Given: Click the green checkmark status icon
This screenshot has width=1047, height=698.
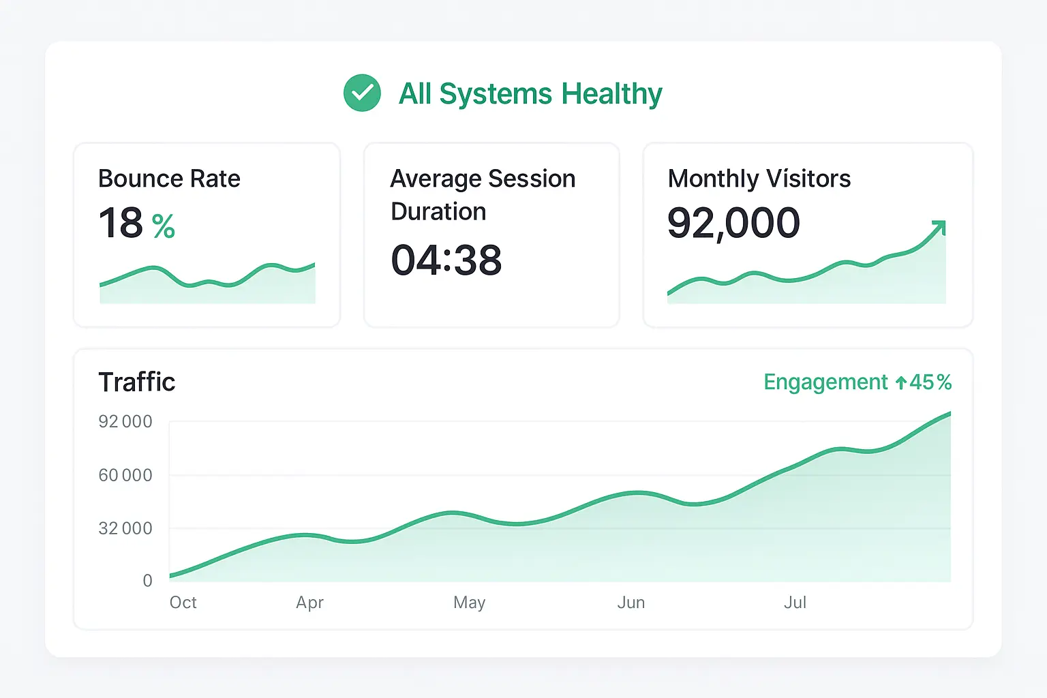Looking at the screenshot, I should [362, 93].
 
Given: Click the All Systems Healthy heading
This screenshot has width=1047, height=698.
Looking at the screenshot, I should [530, 94].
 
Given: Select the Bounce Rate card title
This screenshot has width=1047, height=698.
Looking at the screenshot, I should [169, 179].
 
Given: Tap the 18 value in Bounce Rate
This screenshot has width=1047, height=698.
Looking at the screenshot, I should [121, 223].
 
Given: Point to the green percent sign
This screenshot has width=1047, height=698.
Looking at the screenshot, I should [164, 226].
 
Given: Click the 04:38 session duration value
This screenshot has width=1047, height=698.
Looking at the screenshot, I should [446, 260].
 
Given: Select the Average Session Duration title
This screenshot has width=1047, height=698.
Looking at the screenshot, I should [483, 194].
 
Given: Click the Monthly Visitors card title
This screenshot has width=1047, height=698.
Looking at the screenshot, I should [759, 179].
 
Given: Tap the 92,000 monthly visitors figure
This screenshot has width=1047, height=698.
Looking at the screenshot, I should [733, 223].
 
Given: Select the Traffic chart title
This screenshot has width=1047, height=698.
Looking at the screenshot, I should [137, 382].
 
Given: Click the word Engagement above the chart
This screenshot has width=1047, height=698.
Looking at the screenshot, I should [825, 382].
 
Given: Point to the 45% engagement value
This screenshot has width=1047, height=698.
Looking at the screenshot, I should [930, 382].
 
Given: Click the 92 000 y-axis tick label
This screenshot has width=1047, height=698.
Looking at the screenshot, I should [125, 421].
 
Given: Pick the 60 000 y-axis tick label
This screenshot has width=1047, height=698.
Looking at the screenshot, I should [125, 475].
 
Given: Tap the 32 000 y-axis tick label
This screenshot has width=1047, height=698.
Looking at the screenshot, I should [125, 528].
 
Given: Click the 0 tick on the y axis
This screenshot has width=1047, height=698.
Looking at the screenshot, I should [147, 581].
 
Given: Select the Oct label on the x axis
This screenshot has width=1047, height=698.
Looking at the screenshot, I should [183, 603].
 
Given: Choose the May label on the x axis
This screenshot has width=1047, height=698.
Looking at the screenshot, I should [469, 603].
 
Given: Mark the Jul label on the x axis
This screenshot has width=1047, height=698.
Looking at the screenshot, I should [795, 603].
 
